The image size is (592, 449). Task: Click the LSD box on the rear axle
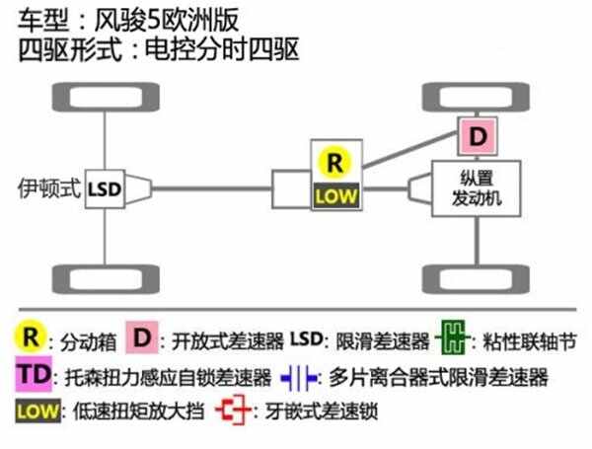coord(105,189)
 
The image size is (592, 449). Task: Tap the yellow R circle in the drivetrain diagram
coord(334,163)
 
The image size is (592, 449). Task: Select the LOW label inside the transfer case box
coord(336,195)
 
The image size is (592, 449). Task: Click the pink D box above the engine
coord(478,136)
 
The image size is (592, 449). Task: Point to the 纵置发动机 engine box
coord(477,188)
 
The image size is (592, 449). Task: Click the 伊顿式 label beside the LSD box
coord(49,188)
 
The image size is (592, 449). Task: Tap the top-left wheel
coord(106,98)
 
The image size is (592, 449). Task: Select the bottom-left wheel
coord(106,279)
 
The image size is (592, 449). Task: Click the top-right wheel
coord(476,98)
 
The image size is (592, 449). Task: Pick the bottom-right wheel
coord(476,279)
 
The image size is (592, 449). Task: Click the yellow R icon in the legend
coord(31,337)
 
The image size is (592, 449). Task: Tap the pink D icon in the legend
coord(142,337)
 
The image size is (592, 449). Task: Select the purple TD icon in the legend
coord(34,374)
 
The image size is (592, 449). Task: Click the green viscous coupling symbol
coord(453,337)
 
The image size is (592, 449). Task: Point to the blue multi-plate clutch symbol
coord(299,377)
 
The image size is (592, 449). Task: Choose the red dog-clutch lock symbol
coord(233,410)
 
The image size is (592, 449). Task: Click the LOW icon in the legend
coord(37,411)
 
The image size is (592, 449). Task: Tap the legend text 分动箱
coord(89,341)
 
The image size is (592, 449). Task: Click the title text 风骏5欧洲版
coord(167,21)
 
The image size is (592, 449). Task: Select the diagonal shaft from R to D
coord(410,149)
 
